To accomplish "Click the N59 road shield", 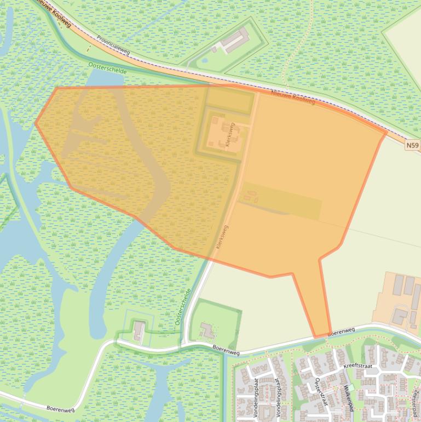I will click(413, 145).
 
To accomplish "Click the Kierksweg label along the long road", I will click(222, 237).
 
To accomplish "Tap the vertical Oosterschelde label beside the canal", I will click(183, 307).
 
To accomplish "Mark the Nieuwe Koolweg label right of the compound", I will click(293, 98).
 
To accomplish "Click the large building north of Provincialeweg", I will click(235, 40).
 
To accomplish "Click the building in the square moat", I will click(139, 331).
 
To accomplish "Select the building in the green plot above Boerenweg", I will click(207, 330).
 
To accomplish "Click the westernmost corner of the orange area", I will click(36, 123).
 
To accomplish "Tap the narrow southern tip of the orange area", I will click(321, 335).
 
